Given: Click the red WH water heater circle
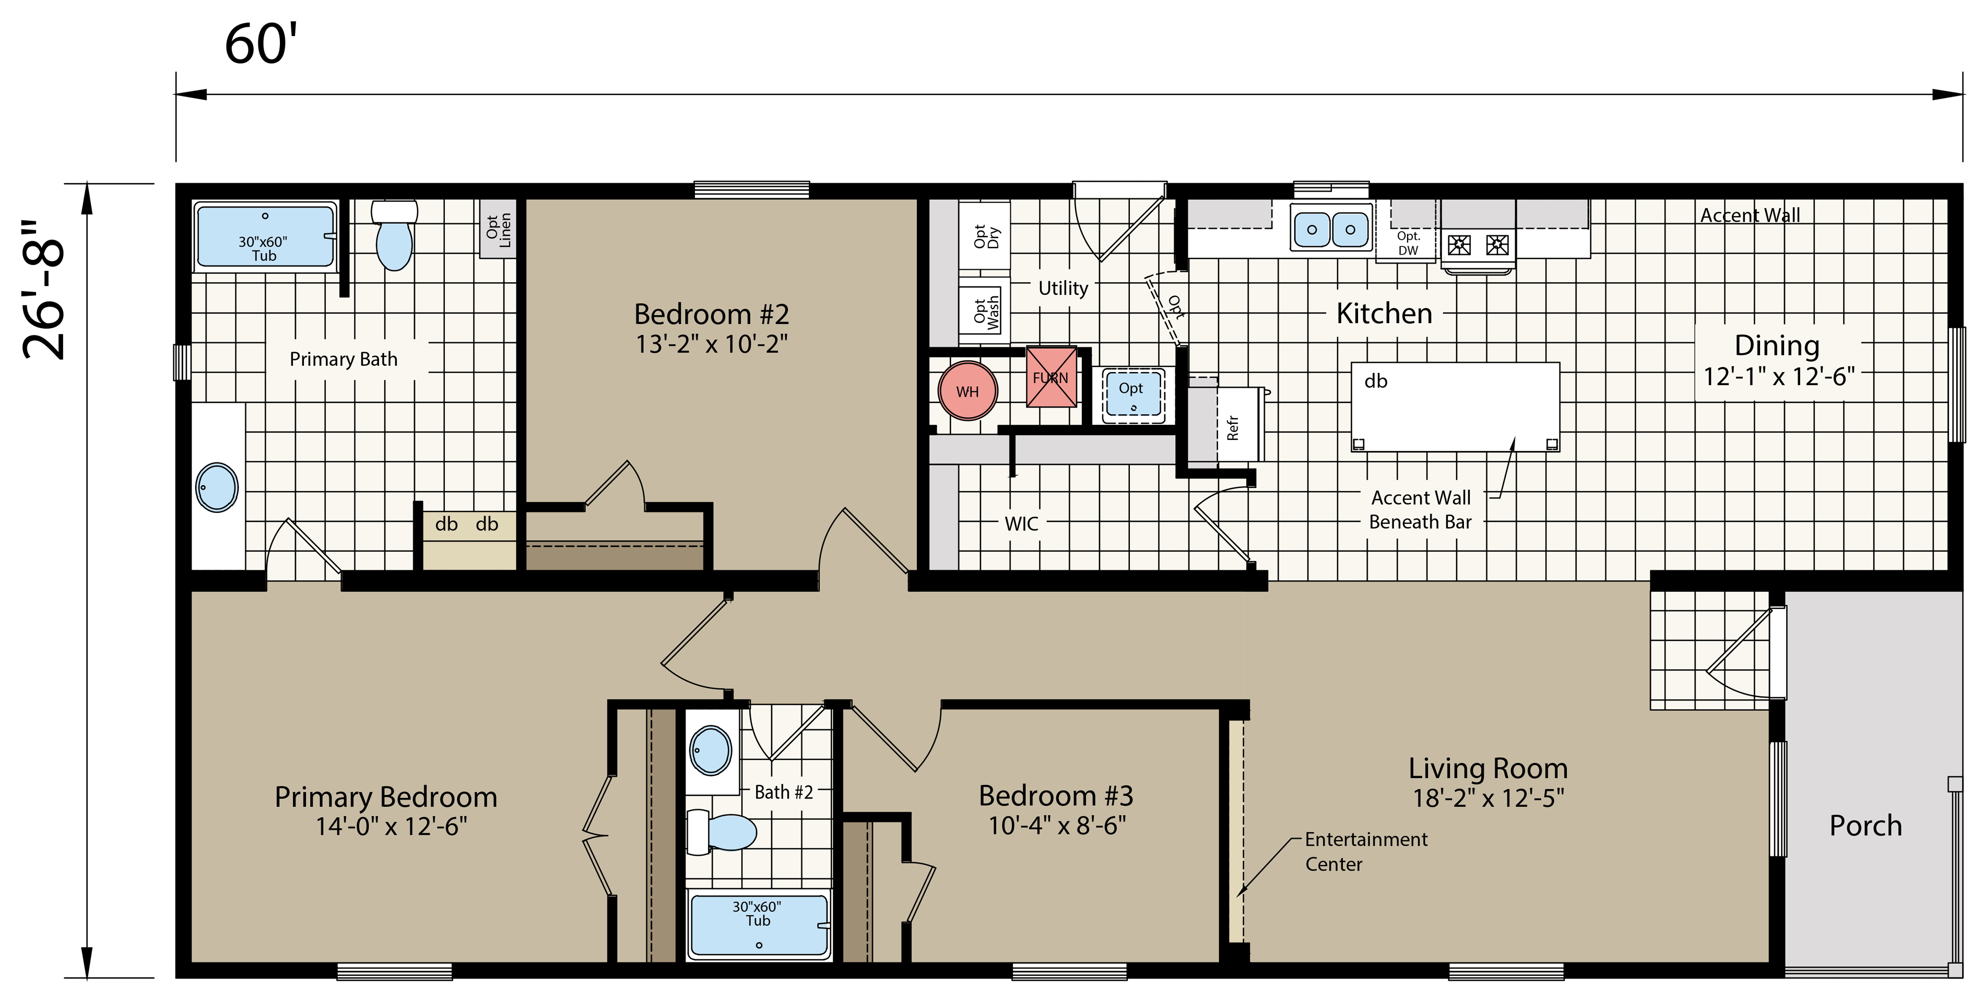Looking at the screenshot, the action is coord(967,391).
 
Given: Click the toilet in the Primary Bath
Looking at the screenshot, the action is coord(394,235).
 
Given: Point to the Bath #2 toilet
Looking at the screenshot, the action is coord(722,832).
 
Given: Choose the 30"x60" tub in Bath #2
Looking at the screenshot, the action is coord(759,925).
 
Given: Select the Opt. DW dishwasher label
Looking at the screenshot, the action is coord(1408,243).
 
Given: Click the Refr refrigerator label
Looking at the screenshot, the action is coord(1232,427).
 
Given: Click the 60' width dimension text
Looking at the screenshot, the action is coord(261,45).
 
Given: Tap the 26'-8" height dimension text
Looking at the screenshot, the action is coord(45,290).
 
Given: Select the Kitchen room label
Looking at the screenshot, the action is coord(1384,313).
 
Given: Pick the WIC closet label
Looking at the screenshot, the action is coord(1021,524).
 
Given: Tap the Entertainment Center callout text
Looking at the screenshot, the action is coord(1365,851).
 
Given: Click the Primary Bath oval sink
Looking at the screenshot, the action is coord(217,487).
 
